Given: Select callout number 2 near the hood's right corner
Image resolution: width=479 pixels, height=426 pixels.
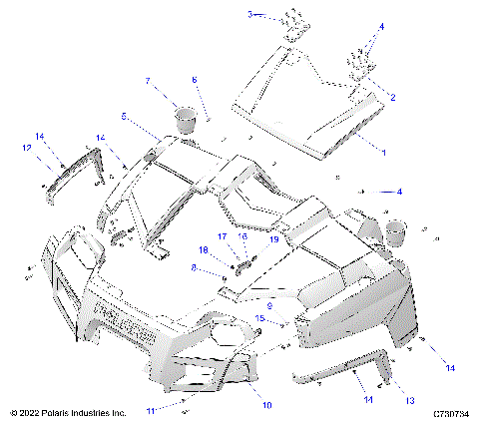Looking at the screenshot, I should pos(392,97).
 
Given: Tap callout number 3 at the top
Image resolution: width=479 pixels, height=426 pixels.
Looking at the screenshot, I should pos(251,14).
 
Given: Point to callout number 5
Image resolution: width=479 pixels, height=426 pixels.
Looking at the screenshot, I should pos(125,117).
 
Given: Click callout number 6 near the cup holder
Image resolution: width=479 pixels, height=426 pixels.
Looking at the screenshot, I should pos(195,79).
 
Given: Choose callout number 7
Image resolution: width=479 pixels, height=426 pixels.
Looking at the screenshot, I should pos(148,80).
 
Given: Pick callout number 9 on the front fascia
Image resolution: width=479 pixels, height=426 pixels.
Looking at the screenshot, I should pos(267,306).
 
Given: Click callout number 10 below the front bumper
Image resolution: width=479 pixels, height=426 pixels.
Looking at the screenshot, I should pos(266,403).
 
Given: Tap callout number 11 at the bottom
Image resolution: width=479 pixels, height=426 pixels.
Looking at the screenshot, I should pos(151,410).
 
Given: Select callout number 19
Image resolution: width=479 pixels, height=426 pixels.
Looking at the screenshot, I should pos(271,239).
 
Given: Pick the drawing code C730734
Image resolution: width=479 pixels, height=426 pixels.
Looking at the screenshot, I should pos(451,412).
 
